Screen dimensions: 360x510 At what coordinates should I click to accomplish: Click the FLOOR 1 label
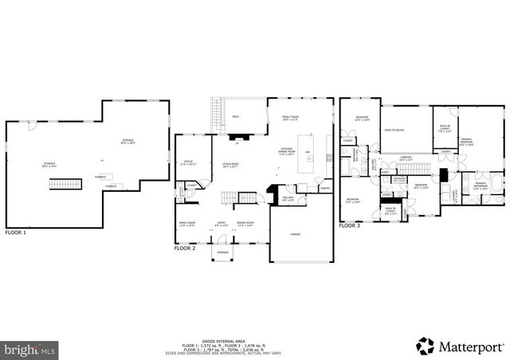point(16,233)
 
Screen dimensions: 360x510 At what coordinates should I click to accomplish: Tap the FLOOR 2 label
point(184,248)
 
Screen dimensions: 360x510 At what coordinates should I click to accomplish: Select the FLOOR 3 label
point(350,226)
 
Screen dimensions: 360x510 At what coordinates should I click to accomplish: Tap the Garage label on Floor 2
point(295,234)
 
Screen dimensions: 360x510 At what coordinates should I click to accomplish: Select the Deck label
point(235,116)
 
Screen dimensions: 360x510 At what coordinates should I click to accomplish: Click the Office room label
point(188,162)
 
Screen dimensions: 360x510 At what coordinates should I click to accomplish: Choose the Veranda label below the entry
point(222,252)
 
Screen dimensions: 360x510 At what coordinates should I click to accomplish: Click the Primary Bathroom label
point(481,185)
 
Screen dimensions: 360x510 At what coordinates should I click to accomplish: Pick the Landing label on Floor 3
point(406,158)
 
